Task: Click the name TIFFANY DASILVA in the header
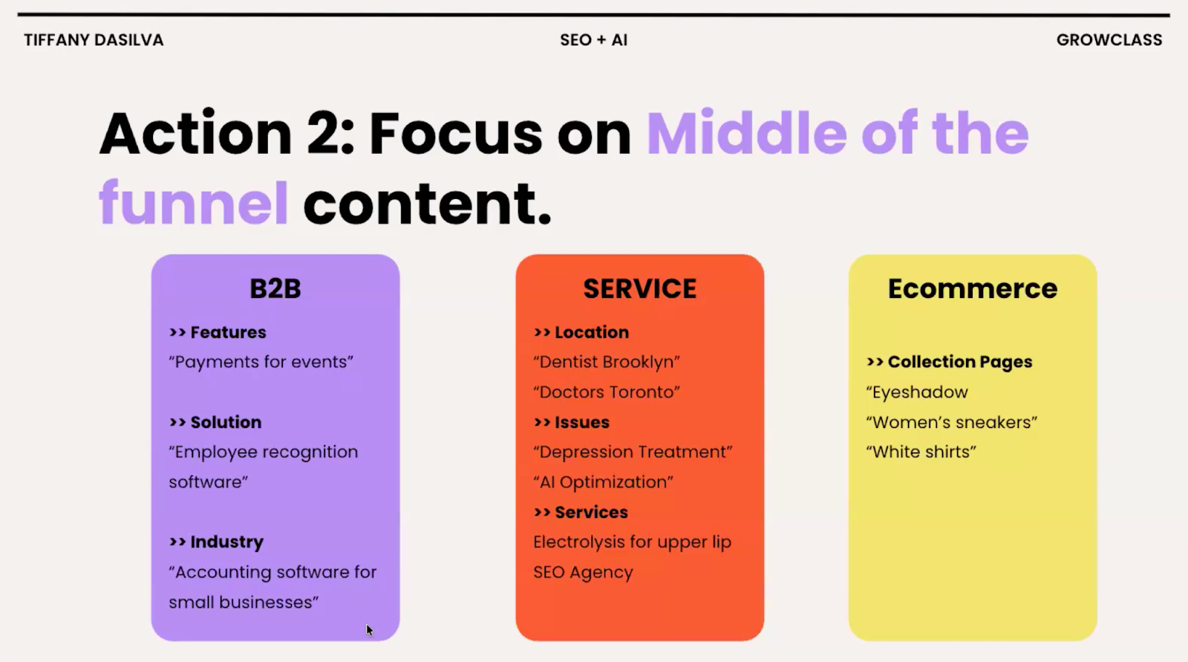(x=94, y=40)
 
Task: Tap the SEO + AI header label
(x=593, y=40)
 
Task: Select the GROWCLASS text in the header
(x=1109, y=40)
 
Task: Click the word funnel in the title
(x=194, y=203)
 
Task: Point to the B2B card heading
(x=275, y=288)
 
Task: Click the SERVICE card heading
(x=639, y=288)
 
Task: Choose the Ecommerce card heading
(x=972, y=288)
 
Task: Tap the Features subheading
(x=227, y=332)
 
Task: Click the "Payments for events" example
(x=261, y=362)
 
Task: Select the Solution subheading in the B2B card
(x=226, y=422)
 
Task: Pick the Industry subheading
(x=226, y=542)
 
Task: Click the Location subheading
(x=591, y=332)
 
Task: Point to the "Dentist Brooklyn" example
(x=606, y=362)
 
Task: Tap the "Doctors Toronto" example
(x=606, y=392)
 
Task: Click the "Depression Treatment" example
(x=633, y=452)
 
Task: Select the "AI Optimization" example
(x=603, y=482)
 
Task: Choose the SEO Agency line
(x=583, y=572)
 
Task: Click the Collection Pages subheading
(x=959, y=362)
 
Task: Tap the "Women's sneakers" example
(x=951, y=422)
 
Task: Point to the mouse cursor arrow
(x=369, y=630)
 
